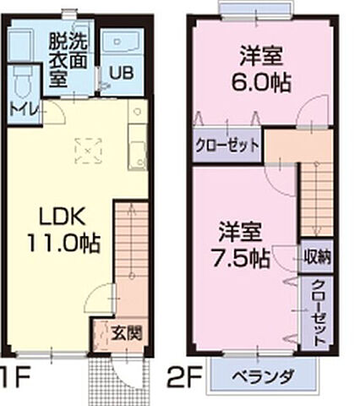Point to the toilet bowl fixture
coord(23,82)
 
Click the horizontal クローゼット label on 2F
coord(226,145)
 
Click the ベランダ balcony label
coord(265,376)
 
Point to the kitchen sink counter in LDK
coord(134,144)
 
